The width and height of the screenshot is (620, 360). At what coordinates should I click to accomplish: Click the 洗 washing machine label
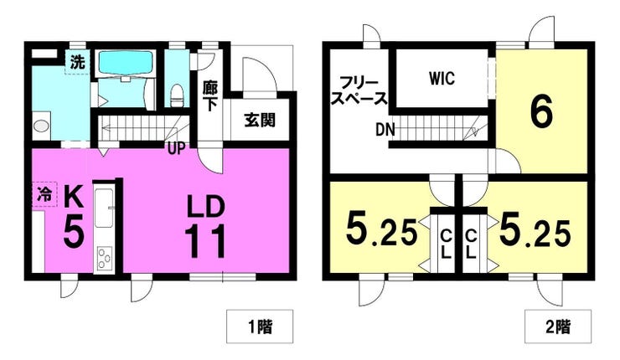coord(77,62)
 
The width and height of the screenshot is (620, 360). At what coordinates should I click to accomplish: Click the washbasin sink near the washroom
coord(41,126)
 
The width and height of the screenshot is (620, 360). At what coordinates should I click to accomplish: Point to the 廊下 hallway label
coord(209,96)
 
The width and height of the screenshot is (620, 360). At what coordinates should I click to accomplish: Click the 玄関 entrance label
coord(260,120)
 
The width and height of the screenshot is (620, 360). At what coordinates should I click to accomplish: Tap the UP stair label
coord(176,148)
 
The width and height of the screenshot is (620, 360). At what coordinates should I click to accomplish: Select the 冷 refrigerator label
coord(44,193)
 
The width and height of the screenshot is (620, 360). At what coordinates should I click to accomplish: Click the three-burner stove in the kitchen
coord(105,259)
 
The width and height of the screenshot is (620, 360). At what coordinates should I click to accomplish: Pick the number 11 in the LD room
coord(204,241)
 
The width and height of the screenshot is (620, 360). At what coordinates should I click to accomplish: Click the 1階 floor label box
coord(260,327)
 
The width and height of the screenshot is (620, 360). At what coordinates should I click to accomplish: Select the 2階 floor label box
coord(558,327)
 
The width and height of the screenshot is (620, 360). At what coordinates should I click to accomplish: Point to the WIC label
coord(442,79)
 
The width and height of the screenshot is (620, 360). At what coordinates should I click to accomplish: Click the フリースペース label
coord(359,91)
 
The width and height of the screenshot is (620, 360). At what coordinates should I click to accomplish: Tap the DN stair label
coord(385,130)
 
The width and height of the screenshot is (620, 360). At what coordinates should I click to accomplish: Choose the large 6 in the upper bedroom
coord(541,112)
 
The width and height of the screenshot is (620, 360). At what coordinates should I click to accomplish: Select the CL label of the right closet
coord(471,244)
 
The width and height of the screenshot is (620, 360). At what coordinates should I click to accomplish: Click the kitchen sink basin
coord(104,208)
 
